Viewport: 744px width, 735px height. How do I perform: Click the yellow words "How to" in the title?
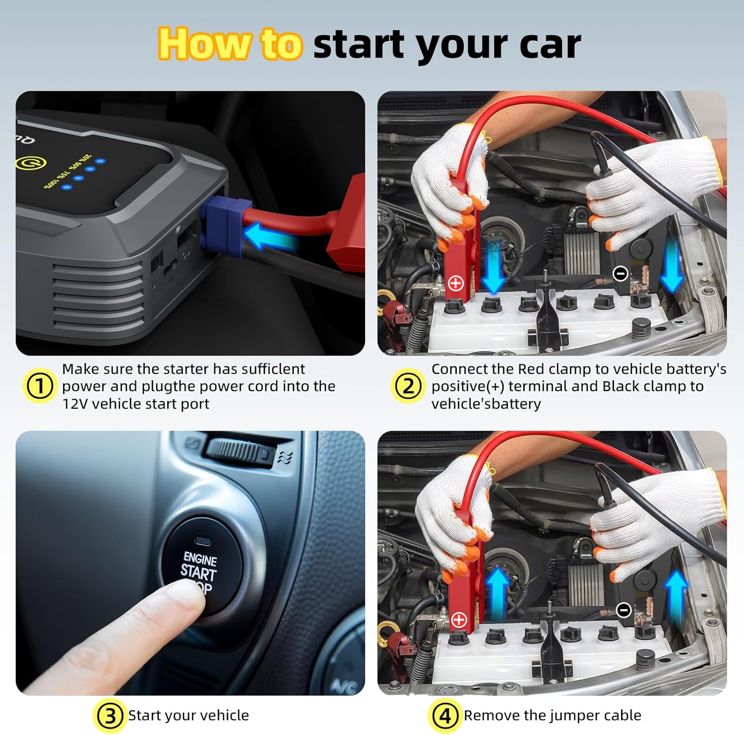tap(230, 44)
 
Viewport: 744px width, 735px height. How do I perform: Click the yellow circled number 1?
tap(39, 386)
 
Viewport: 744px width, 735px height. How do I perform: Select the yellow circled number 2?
tap(408, 386)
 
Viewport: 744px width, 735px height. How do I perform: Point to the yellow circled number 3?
tap(109, 716)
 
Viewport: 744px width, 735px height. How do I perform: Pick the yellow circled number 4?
tap(444, 716)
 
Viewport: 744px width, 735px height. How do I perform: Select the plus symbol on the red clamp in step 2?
tap(455, 283)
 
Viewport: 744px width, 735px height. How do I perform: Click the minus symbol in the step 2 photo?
tap(620, 273)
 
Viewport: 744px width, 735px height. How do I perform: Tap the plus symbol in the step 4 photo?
tap(459, 619)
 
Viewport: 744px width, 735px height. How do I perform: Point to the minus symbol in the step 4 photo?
tap(623, 610)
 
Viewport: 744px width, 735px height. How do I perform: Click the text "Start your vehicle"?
tap(188, 716)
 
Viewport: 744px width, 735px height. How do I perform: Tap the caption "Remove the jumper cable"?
tap(552, 716)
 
